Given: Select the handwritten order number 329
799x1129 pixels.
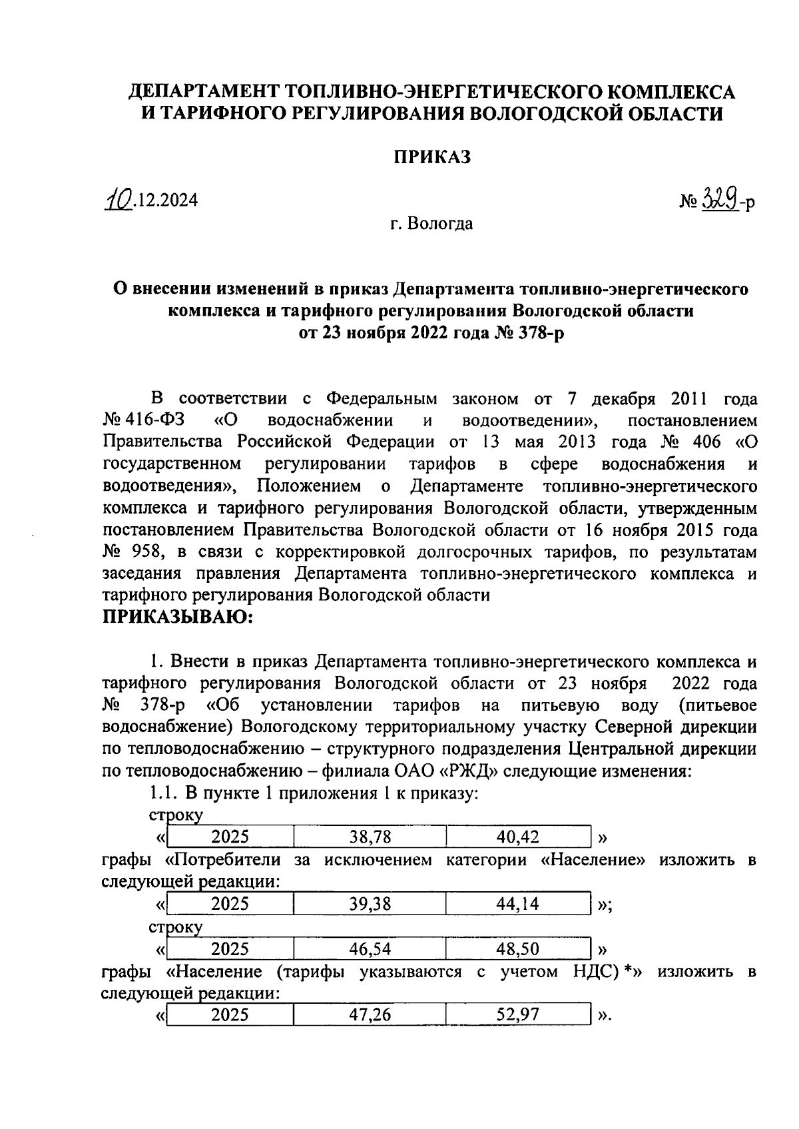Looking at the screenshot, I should click(x=718, y=199).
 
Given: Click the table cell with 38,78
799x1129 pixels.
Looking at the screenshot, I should click(x=370, y=837).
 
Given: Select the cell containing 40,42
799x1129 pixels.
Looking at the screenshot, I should click(x=518, y=837).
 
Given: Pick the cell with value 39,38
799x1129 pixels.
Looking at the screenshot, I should click(x=370, y=904).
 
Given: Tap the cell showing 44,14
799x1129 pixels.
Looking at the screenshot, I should click(x=518, y=904).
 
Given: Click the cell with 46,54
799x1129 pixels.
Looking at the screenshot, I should click(x=370, y=948).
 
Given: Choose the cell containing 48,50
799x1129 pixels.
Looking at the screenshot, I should click(x=518, y=948).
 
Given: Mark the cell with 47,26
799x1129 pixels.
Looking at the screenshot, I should click(x=370, y=1015).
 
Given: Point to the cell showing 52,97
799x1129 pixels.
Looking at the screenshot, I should click(x=518, y=1015).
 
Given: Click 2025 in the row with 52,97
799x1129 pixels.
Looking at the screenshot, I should click(x=230, y=1015).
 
